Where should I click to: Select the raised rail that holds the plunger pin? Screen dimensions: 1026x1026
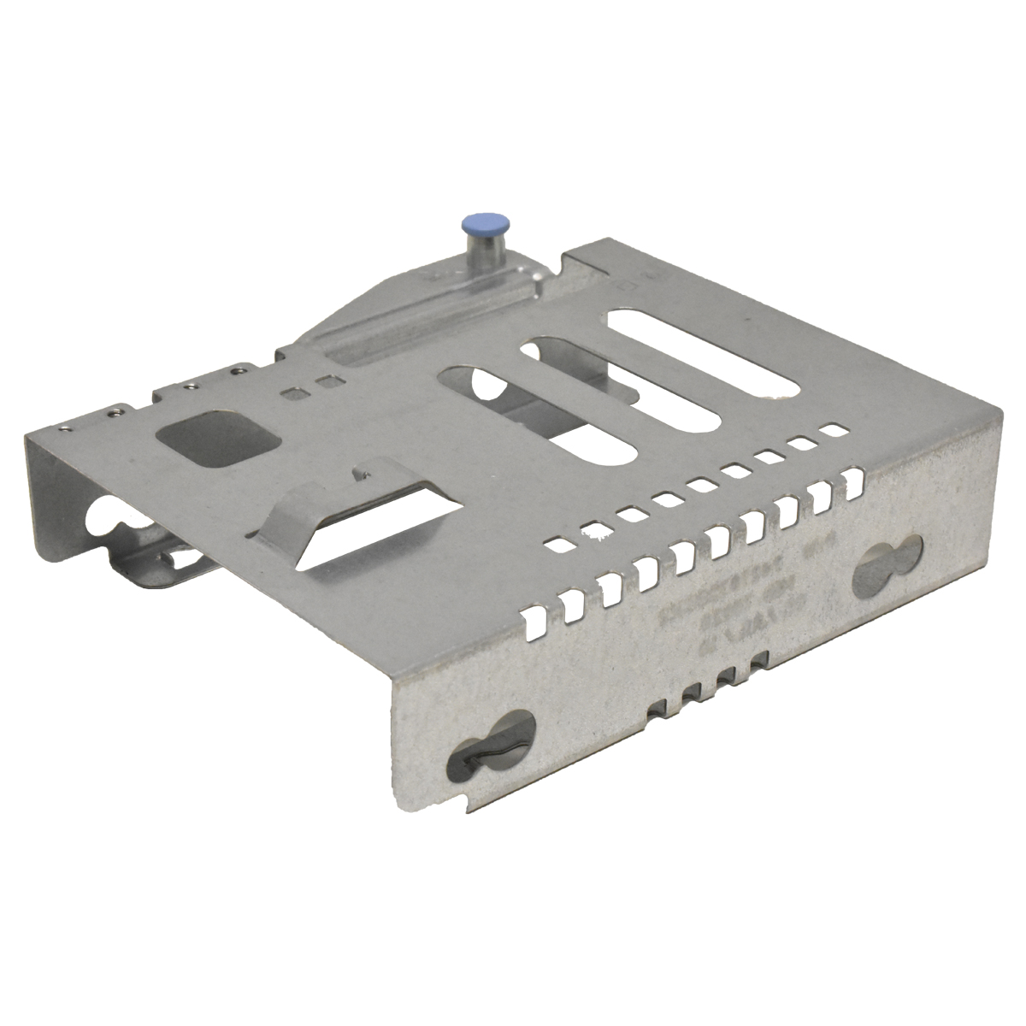[445, 308]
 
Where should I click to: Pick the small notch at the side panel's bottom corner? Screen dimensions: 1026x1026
[464, 805]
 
